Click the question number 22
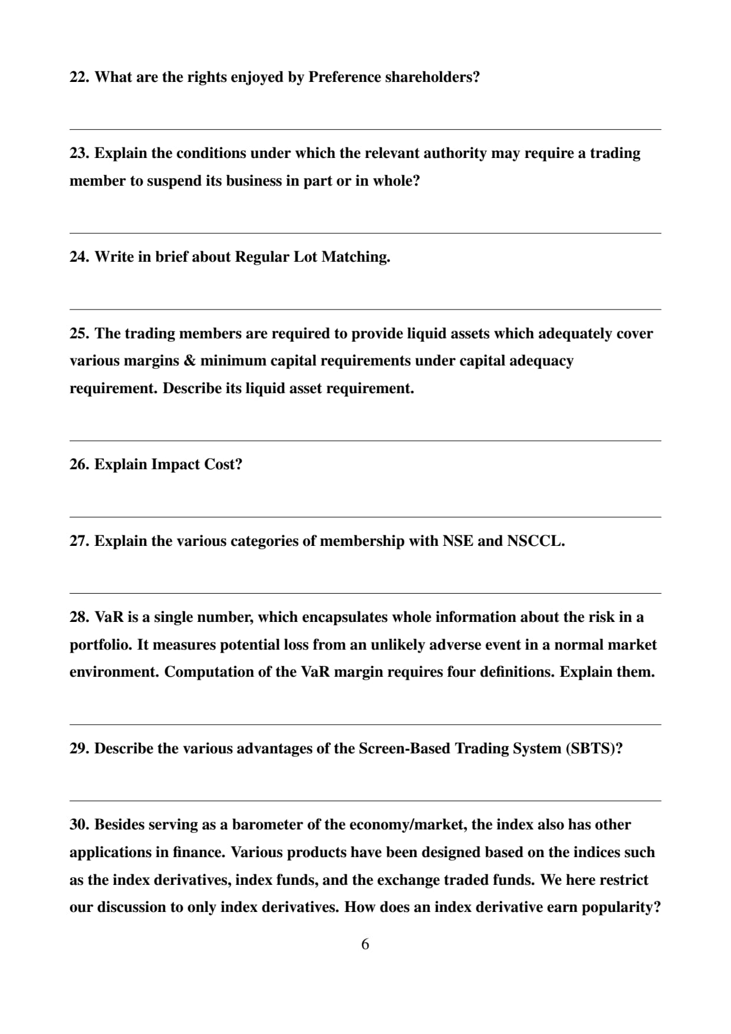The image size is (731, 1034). [79, 77]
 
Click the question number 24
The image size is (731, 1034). [79, 257]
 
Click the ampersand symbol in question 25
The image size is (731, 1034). [190, 361]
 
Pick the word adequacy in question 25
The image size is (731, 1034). [541, 361]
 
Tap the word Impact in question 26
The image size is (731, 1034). [175, 465]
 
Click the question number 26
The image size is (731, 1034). [79, 465]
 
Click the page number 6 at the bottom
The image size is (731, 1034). [365, 944]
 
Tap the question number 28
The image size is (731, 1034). [79, 617]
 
